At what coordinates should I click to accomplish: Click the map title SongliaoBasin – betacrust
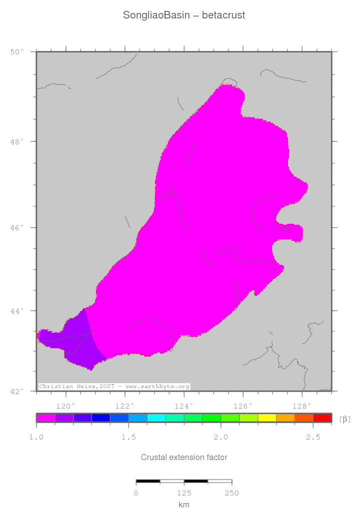click(x=184, y=15)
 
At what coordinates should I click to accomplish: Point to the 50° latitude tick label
click(x=17, y=51)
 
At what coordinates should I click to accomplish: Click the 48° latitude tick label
click(x=17, y=141)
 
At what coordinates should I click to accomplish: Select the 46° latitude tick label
click(x=17, y=228)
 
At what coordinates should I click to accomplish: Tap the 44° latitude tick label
click(x=17, y=311)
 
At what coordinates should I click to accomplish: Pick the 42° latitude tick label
click(x=17, y=391)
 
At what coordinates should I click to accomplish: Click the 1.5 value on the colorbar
click(x=128, y=437)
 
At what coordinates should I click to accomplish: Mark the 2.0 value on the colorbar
click(x=220, y=437)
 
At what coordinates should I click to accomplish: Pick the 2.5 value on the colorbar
click(x=313, y=437)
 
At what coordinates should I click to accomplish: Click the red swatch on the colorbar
click(x=322, y=418)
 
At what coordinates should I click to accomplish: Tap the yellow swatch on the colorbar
click(x=267, y=418)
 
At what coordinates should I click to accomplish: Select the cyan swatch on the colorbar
click(x=156, y=418)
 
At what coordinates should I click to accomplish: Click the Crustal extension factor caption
click(x=184, y=457)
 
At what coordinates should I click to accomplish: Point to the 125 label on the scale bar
click(x=184, y=493)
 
